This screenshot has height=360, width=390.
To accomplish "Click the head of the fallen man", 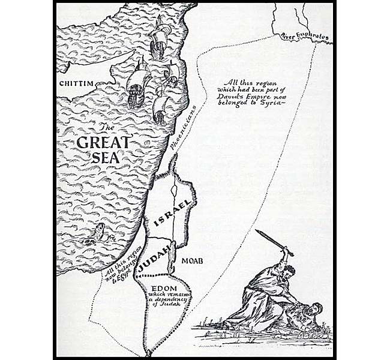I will [314, 311].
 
